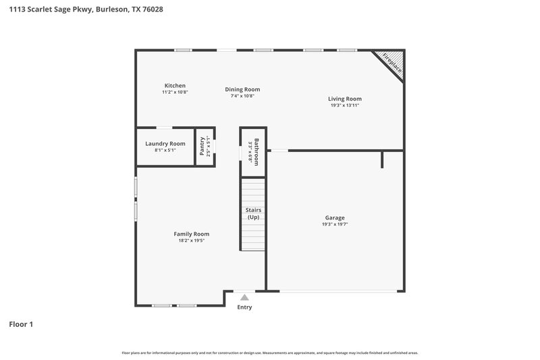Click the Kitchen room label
[175, 86]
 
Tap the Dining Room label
[242, 89]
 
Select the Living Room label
[345, 99]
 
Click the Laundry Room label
[165, 143]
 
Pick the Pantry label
[202, 147]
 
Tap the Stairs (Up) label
[254, 213]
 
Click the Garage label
[335, 217]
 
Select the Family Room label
[192, 234]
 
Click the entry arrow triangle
[244, 297]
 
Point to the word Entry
[244, 307]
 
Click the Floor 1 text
[21, 324]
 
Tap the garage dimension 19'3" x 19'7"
[335, 224]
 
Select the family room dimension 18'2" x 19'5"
[192, 240]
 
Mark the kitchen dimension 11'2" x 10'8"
[175, 93]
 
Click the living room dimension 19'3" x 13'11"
[345, 105]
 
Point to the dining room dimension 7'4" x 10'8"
[242, 96]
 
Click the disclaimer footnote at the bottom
[270, 353]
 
